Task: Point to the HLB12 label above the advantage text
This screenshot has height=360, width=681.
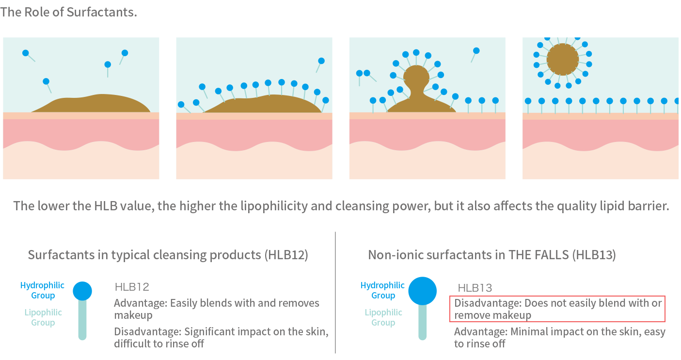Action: tap(131, 287)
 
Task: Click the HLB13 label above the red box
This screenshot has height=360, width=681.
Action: tap(475, 288)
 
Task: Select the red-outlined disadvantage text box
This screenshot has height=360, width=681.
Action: tap(557, 309)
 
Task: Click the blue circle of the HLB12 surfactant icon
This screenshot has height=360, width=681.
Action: tap(82, 291)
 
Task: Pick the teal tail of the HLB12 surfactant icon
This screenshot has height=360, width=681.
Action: tap(82, 320)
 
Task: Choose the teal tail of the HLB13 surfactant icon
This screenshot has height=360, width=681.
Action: tap(422, 322)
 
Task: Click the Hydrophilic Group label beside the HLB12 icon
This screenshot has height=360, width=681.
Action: tap(43, 291)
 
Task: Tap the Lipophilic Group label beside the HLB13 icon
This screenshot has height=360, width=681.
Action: tap(383, 317)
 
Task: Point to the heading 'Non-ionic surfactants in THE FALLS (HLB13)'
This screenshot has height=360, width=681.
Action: tap(491, 255)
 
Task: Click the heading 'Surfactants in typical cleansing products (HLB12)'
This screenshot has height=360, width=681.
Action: tap(168, 255)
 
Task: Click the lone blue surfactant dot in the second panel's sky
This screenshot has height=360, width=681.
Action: tap(321, 61)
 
